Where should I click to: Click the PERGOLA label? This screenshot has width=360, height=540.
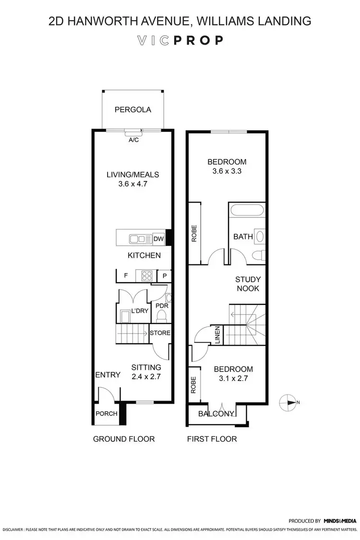132,109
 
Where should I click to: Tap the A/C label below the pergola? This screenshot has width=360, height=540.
133,140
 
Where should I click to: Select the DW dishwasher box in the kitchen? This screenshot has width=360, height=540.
158,239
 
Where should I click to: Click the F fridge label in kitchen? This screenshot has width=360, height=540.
126,276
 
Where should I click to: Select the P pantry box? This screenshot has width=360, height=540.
164,276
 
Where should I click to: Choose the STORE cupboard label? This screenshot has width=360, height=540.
160,333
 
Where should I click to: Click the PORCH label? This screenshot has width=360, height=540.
106,413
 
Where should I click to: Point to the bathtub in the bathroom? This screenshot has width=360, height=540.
247,210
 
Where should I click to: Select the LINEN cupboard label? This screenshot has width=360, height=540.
217,334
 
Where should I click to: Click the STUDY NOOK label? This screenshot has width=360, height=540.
247,284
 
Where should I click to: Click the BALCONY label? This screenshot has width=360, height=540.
216,414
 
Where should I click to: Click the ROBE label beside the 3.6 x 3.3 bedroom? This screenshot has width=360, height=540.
194,233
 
